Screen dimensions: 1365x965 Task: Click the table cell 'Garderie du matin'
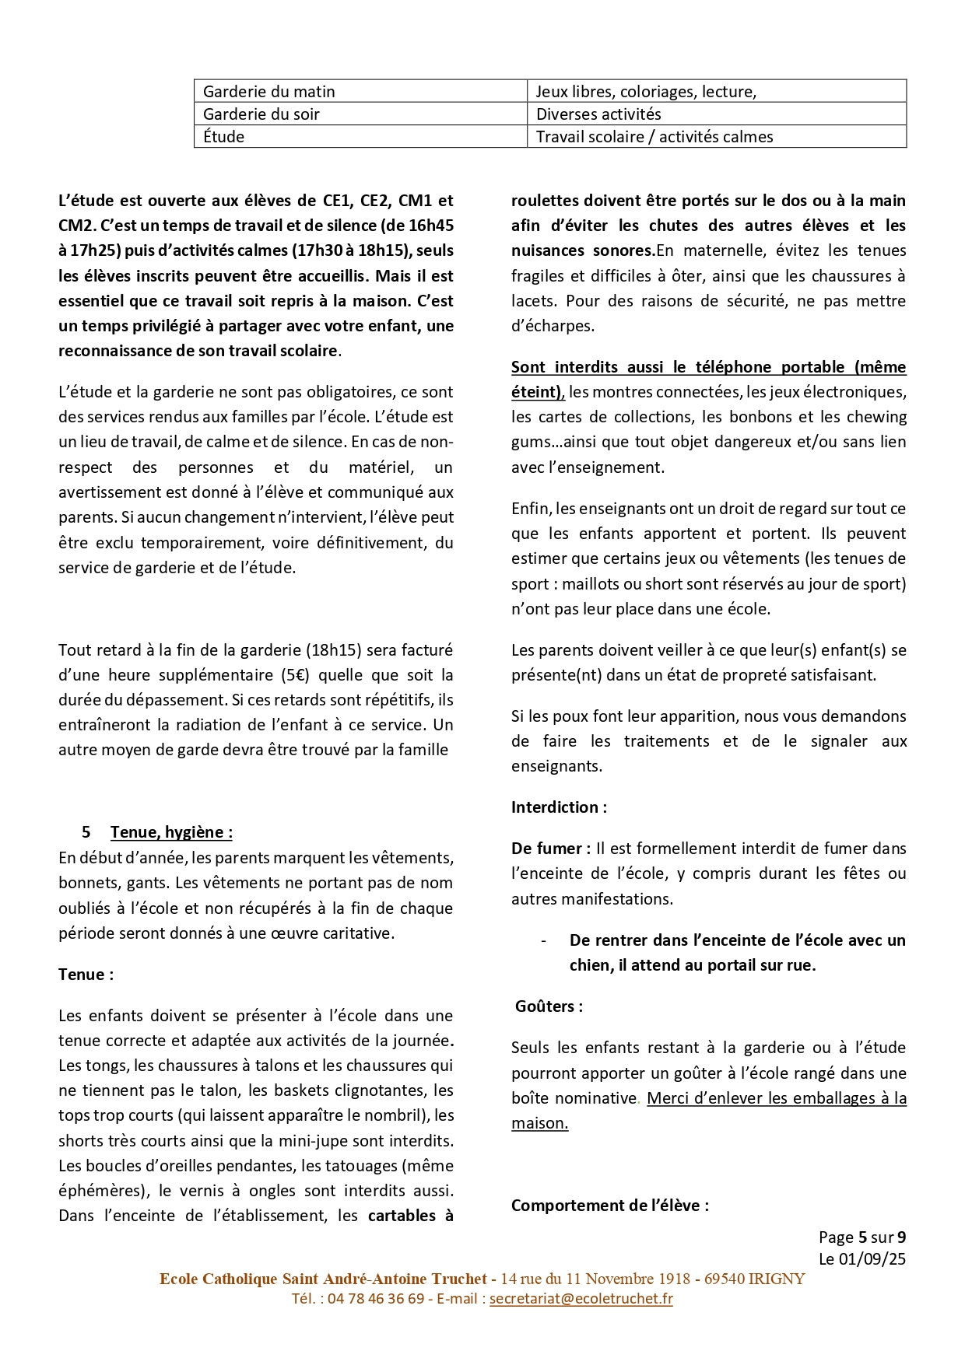268,92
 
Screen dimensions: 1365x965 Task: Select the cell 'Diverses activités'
598,114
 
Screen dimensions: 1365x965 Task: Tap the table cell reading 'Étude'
224,137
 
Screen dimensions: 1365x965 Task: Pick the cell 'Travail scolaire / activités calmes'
654,137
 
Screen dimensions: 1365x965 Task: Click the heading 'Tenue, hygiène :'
171,832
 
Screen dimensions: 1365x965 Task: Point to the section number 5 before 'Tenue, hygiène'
86,832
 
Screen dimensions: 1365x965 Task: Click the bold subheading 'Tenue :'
86,975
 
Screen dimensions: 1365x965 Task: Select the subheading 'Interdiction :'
559,807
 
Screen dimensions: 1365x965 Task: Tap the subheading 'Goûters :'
549,1006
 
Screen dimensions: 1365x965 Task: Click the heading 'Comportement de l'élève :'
610,1206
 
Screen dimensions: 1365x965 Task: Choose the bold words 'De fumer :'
550,849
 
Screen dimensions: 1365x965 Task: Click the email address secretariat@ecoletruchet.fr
581,1298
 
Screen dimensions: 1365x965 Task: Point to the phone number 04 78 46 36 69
376,1298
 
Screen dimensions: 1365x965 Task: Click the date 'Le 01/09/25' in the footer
862,1258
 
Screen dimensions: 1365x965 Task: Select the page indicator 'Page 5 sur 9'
862,1237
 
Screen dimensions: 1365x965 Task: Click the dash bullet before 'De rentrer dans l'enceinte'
543,940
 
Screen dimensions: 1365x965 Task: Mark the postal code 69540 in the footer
724,1279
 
